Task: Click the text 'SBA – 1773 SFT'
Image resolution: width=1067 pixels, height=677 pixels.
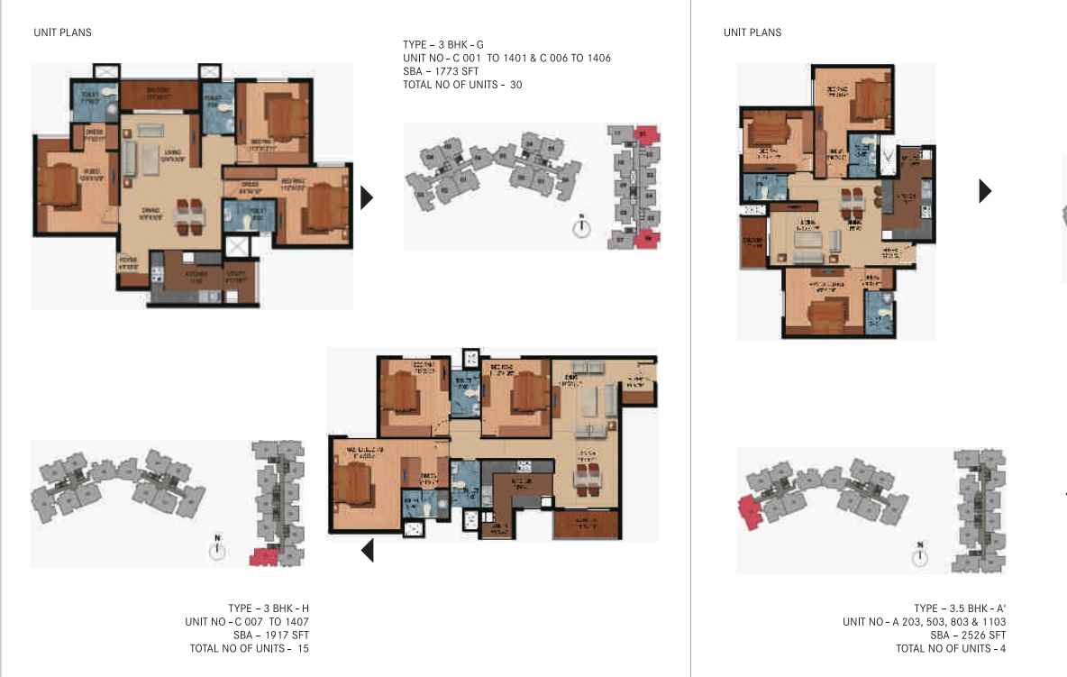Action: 441,71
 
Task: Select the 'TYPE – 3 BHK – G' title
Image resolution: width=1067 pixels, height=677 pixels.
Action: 443,44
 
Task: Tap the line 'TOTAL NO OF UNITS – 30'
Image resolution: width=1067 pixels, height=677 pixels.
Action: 462,85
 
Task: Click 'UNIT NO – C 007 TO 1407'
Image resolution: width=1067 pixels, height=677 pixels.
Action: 247,622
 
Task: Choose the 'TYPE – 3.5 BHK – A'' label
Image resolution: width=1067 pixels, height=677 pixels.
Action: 959,608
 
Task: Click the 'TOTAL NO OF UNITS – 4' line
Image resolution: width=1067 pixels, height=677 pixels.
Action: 951,649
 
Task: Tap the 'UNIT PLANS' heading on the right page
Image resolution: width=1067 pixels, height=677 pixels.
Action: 752,32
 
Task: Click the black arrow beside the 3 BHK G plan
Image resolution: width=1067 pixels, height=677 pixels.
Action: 366,197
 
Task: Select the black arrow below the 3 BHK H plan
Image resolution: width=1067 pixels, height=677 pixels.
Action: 368,549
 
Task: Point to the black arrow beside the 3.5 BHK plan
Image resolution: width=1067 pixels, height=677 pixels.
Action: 985,190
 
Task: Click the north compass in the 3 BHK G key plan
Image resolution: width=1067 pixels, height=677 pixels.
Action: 582,227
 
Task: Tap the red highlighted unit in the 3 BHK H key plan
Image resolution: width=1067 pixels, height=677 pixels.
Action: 263,556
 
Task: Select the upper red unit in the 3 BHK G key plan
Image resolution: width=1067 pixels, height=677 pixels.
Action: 646,135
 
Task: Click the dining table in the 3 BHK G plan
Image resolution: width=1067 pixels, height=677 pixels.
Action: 189,214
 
